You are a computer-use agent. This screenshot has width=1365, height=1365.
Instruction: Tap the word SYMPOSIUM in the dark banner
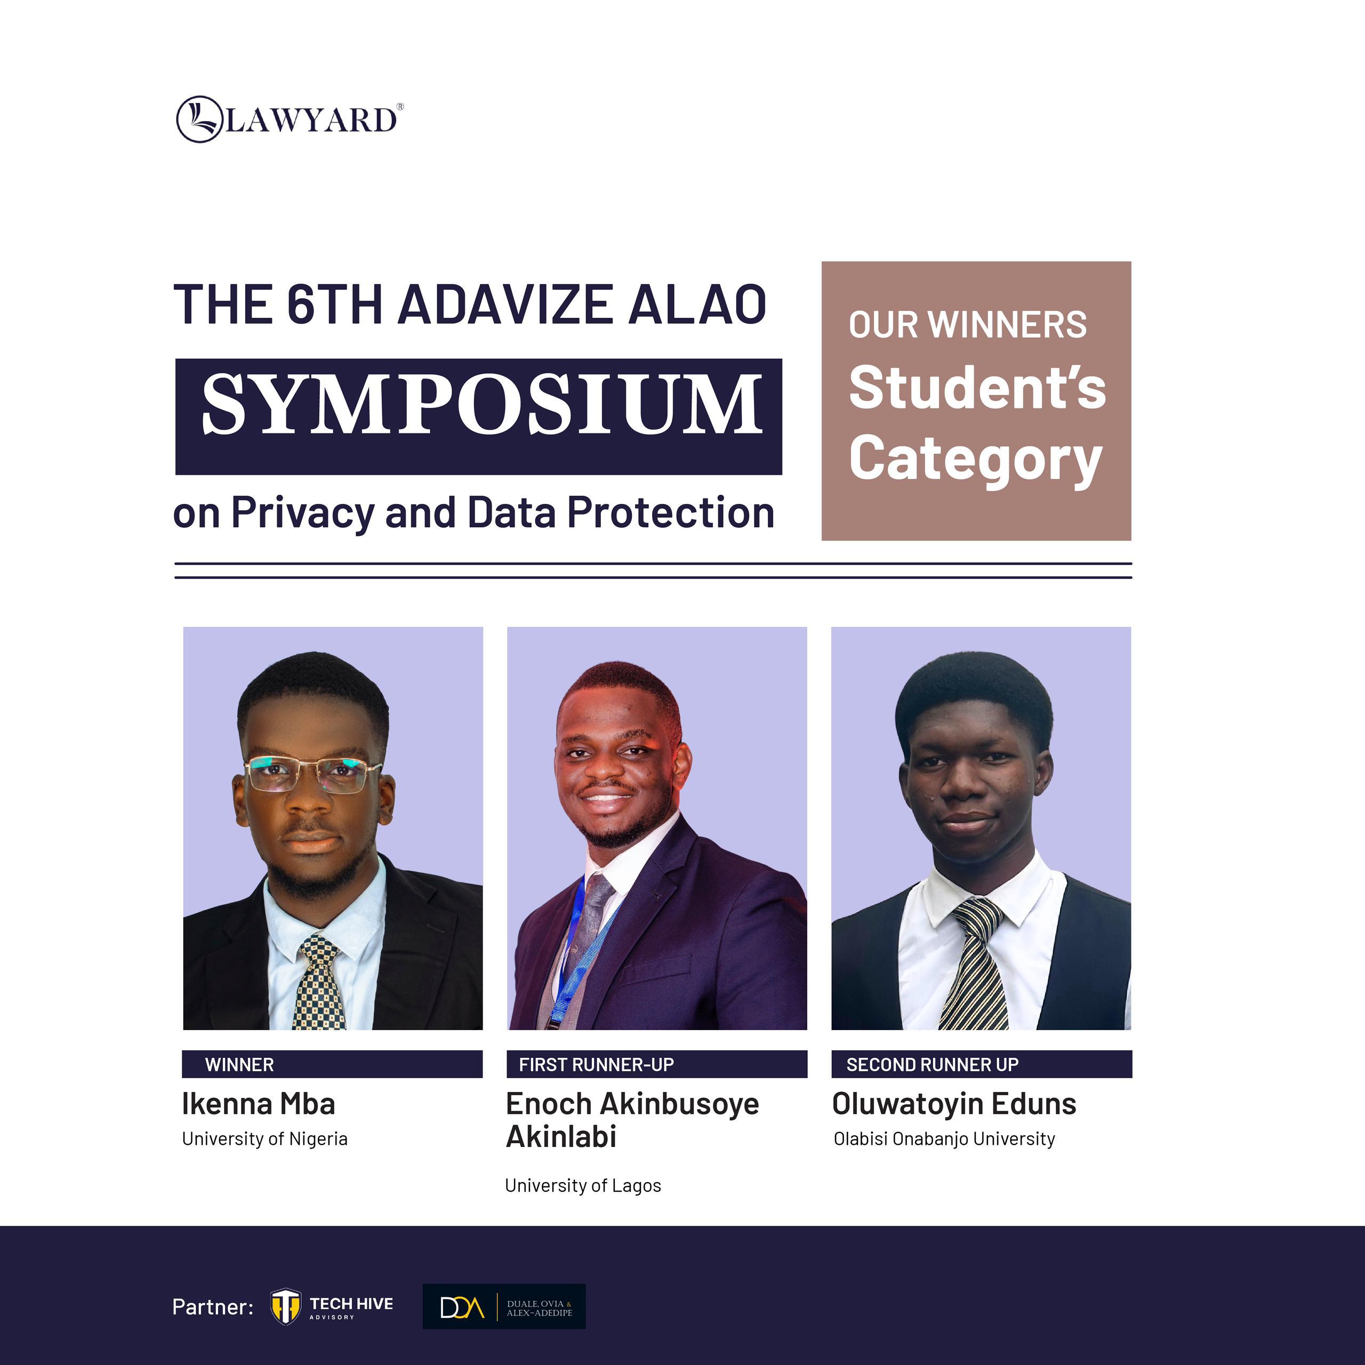tap(482, 405)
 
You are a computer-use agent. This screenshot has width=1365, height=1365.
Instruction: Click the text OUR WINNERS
tap(967, 325)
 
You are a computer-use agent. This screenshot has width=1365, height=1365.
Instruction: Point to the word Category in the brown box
tap(976, 459)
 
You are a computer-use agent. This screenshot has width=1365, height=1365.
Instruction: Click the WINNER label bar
tap(332, 1064)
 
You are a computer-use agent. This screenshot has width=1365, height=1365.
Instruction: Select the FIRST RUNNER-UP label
tap(596, 1065)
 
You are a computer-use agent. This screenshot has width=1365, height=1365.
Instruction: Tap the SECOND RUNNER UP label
tap(933, 1065)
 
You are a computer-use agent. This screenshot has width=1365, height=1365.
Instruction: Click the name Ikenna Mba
tap(259, 1104)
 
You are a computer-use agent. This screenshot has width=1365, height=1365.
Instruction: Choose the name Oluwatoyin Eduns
tap(954, 1104)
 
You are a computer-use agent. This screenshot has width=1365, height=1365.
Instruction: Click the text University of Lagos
tap(583, 1185)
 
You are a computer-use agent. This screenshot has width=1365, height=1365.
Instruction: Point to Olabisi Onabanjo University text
tap(944, 1139)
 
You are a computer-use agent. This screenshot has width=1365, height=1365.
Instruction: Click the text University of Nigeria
tap(265, 1139)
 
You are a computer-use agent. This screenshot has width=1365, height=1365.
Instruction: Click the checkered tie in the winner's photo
tap(322, 982)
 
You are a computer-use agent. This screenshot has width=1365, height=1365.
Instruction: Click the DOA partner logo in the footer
tap(504, 1306)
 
